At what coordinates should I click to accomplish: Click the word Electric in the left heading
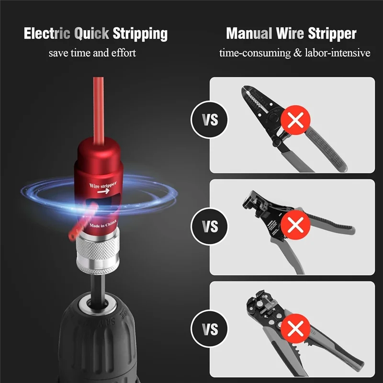pyautogui.click(x=47, y=34)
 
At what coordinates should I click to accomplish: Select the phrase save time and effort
pyautogui.click(x=92, y=53)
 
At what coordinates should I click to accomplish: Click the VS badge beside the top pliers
pyautogui.click(x=210, y=120)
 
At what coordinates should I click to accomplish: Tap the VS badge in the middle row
pyautogui.click(x=210, y=226)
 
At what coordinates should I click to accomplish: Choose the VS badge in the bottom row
pyautogui.click(x=210, y=330)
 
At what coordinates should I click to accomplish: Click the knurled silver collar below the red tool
pyautogui.click(x=100, y=251)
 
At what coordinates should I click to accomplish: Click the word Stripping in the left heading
pyautogui.click(x=140, y=34)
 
